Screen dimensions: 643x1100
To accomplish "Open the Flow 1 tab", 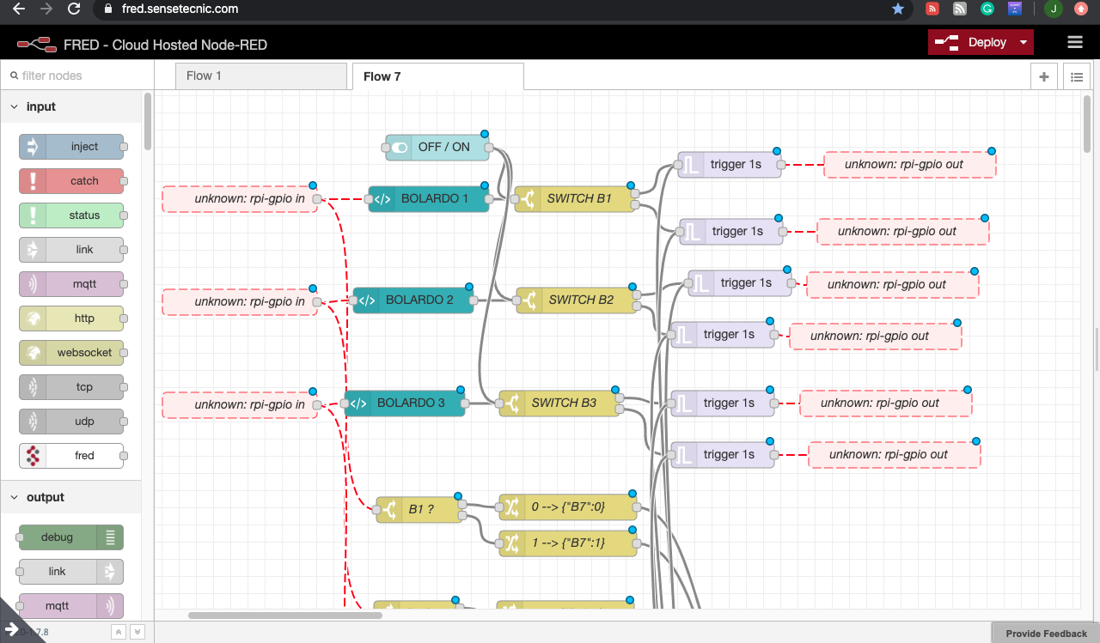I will tap(205, 76).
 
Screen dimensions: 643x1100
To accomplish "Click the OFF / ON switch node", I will tap(438, 147).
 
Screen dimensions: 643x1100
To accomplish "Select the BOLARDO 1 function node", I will tap(429, 198).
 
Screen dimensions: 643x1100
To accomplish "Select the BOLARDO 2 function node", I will tap(413, 300).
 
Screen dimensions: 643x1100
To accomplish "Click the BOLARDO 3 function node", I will tap(405, 403).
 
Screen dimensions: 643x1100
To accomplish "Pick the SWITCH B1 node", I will tap(574, 198).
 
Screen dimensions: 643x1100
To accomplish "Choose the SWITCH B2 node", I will tap(576, 300).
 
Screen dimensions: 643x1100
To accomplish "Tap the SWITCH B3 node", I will tap(559, 403).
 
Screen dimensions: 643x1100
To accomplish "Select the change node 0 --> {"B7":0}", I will tap(567, 507).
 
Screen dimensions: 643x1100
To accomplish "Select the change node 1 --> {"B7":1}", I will tap(567, 543).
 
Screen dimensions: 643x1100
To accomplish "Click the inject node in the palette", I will tap(72, 147).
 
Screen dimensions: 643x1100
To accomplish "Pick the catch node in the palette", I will tap(72, 181).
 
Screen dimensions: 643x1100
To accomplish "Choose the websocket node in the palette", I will tap(72, 353).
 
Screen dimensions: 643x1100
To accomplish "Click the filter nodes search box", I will tap(77, 76).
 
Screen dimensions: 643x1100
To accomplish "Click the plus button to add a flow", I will tap(1043, 76).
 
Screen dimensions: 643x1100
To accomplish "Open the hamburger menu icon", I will tap(1074, 42).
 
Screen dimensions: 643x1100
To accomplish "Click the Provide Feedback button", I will tap(1046, 634).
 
